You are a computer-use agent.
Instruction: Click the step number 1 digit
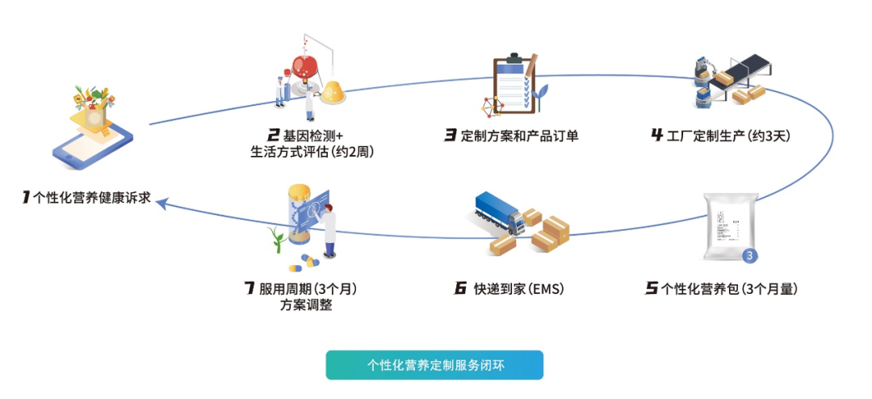pyautogui.click(x=26, y=196)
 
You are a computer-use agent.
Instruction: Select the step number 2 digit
pyautogui.click(x=274, y=135)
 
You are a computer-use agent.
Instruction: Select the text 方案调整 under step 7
pyautogui.click(x=306, y=304)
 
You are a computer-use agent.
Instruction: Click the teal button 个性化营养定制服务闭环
pyautogui.click(x=434, y=364)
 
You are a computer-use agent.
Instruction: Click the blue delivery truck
pyautogui.click(x=498, y=214)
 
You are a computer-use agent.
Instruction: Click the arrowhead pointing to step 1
pyautogui.click(x=162, y=203)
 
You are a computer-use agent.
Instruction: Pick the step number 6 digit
pyautogui.click(x=461, y=288)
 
